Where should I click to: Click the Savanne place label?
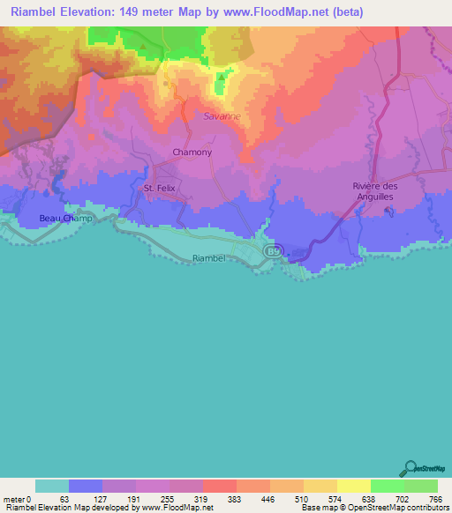pos(222,115)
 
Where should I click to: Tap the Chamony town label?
pos(192,152)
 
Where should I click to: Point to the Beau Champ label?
pos(61,218)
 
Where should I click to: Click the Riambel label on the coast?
pos(209,258)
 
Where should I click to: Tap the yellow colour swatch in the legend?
pos(353,486)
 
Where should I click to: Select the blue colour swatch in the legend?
pos(86,486)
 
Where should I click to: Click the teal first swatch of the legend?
pos(52,486)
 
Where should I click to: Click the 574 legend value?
pos(336,499)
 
